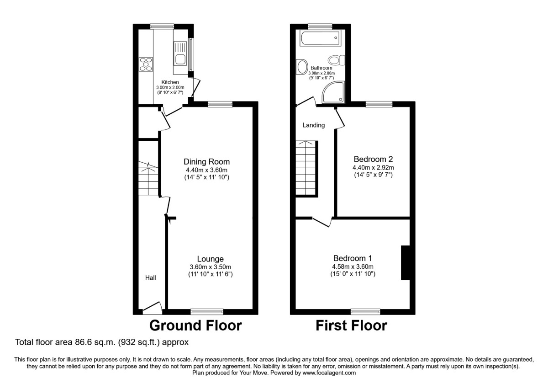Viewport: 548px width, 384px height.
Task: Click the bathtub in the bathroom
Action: [320, 38]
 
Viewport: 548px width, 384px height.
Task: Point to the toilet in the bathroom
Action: [337, 60]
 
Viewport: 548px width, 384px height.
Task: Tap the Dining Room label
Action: [206, 162]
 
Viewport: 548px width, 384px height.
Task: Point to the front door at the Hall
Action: [152, 309]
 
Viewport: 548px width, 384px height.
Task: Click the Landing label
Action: [314, 125]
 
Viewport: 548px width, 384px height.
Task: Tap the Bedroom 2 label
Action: [373, 160]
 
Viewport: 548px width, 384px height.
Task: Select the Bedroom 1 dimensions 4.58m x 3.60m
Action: [353, 267]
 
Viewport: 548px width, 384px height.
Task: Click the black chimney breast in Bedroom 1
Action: [406, 262]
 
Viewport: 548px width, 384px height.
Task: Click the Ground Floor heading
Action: [195, 325]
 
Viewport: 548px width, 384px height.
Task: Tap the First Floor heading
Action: [351, 325]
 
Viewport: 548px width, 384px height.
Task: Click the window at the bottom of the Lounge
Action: [207, 312]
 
